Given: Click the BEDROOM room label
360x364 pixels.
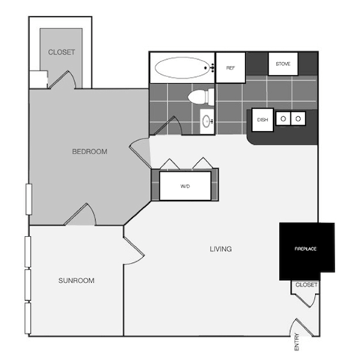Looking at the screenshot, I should (x=89, y=151).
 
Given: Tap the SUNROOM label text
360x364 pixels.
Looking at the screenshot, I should (x=76, y=281).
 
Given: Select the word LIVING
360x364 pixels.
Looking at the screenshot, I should (x=220, y=249).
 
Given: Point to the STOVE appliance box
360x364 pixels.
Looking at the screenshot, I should (x=283, y=64).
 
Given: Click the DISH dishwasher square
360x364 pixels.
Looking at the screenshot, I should (x=262, y=120).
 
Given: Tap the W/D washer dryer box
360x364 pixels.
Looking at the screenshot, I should (x=184, y=185).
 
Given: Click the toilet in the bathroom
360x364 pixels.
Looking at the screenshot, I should (x=200, y=97).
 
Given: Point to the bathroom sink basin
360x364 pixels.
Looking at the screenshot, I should (x=206, y=120).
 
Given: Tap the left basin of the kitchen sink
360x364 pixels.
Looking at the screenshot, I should (x=284, y=118).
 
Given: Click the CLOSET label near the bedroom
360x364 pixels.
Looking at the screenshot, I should (x=61, y=52).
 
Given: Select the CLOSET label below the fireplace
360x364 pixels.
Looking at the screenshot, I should (x=306, y=285).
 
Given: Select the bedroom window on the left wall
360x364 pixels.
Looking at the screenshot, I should (x=28, y=201).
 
